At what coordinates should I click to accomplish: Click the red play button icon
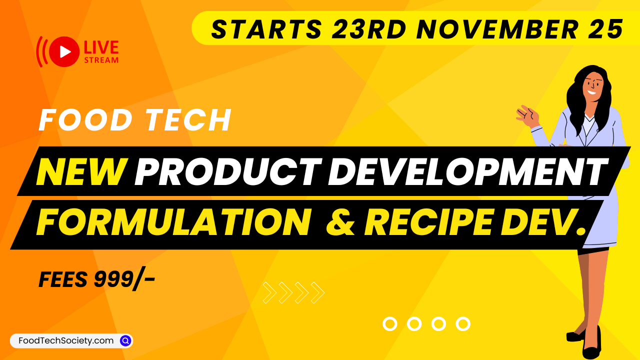click(x=65, y=51)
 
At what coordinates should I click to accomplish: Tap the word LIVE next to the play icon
click(x=101, y=47)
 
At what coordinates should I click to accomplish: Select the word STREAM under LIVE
click(x=101, y=60)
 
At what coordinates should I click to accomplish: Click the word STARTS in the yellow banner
click(x=266, y=29)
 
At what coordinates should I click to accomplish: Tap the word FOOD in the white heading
click(x=81, y=120)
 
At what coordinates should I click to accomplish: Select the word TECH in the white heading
click(x=190, y=120)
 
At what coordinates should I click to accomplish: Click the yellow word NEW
click(x=80, y=171)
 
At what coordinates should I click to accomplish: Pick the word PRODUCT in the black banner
click(x=227, y=171)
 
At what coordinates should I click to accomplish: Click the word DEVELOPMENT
click(x=467, y=171)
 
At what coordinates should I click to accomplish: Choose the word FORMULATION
click(x=171, y=223)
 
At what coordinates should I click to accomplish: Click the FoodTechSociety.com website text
click(x=66, y=340)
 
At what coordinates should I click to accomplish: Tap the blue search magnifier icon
click(x=125, y=340)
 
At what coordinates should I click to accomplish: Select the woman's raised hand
click(x=528, y=115)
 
